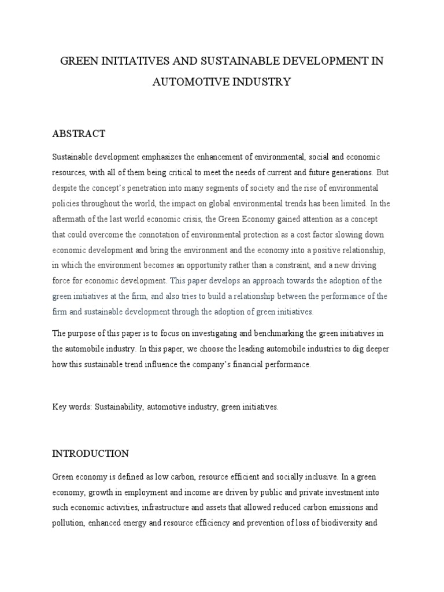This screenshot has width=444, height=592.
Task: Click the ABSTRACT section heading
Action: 79,134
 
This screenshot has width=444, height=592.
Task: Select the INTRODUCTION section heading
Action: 90,453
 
